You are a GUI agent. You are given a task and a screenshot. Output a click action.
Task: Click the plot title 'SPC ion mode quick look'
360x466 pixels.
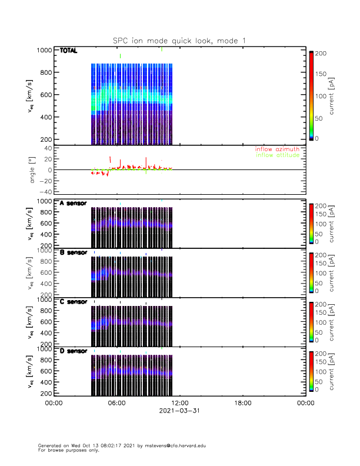click(179, 41)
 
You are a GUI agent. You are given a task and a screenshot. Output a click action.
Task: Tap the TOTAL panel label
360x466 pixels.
click(69, 51)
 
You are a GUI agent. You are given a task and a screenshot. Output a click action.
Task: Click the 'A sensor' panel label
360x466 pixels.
click(74, 204)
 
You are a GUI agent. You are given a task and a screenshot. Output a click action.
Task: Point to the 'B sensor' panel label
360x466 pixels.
click(74, 252)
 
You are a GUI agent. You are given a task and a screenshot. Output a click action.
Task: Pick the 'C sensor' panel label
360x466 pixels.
click(74, 302)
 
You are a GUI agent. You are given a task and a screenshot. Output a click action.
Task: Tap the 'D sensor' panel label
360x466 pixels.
click(74, 351)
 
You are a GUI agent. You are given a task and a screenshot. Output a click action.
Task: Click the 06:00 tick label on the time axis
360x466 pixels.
click(116, 404)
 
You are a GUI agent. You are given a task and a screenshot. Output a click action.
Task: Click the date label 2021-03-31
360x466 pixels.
click(179, 411)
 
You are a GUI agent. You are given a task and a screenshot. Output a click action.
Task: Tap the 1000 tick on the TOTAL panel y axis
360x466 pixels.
click(45, 50)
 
